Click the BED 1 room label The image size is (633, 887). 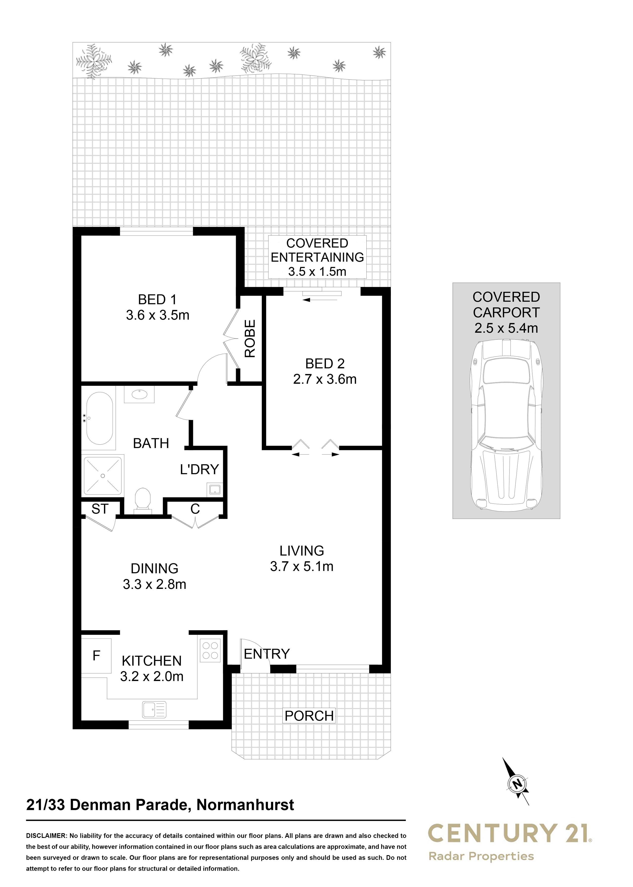(157, 300)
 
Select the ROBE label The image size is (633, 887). (250, 339)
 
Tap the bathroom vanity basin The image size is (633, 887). (139, 395)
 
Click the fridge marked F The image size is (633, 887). (96, 656)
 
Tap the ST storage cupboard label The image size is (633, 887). (100, 509)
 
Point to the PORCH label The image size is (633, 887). (309, 716)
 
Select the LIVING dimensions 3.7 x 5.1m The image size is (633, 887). (302, 566)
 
